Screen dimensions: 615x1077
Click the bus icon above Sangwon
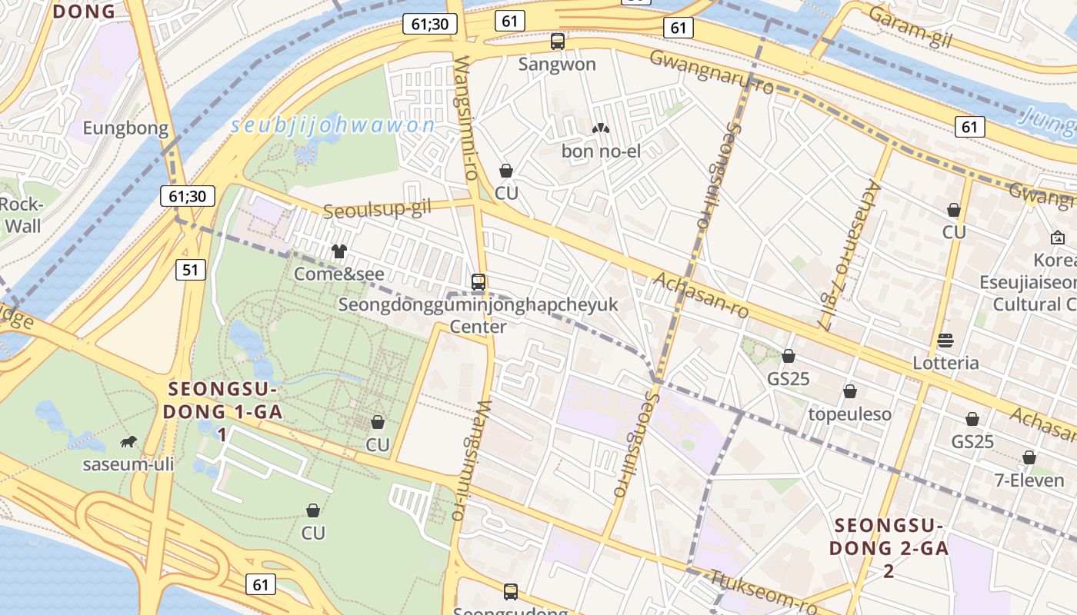(558, 42)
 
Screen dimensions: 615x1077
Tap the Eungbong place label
(125, 128)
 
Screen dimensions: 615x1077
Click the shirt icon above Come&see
(339, 251)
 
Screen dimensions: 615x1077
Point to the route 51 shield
(191, 269)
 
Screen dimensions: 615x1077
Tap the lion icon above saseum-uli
(128, 441)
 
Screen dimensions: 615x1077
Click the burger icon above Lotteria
(945, 340)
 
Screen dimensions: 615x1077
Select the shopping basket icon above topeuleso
(850, 392)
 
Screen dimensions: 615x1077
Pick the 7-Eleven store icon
(1029, 458)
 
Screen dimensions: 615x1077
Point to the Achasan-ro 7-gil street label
(849, 255)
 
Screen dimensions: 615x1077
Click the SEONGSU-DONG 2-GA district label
(889, 548)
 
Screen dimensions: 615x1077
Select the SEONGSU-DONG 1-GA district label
(222, 411)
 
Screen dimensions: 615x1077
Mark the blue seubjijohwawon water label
(332, 125)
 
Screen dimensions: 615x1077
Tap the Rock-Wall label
(21, 215)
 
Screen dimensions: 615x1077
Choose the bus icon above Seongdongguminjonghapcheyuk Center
(478, 282)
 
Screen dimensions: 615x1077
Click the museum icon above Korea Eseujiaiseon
(1058, 238)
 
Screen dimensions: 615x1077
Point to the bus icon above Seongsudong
(511, 592)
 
